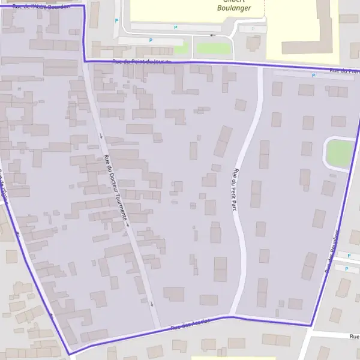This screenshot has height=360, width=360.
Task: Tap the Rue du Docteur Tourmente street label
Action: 116,187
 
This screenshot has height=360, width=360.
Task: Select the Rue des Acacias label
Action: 190,324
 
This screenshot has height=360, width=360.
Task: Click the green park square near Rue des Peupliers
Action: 339,154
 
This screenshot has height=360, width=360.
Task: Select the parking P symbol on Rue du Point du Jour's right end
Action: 313,75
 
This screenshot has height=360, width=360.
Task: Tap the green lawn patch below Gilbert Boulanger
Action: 213,47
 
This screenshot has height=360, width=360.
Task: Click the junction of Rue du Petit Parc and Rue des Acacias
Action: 229,316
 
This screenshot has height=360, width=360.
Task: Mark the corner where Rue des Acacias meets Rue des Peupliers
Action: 311,326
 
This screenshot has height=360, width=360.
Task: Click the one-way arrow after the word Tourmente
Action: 127,225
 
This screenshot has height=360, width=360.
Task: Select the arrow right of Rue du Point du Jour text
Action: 169,61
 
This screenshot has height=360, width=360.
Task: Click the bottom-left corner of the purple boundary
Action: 70,353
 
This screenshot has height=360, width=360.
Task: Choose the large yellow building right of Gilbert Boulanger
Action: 303,27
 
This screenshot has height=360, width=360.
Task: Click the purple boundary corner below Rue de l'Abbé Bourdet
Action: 85,61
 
